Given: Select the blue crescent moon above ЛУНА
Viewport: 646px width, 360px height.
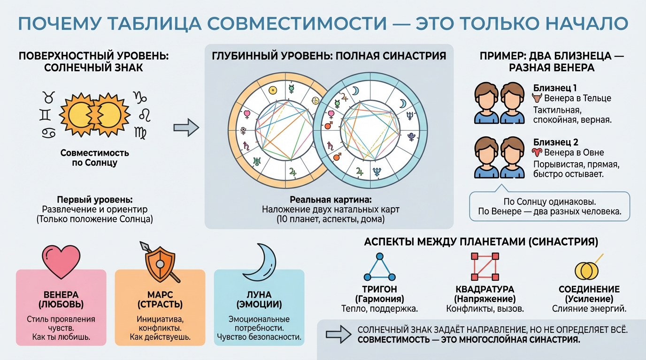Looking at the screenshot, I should (x=259, y=262).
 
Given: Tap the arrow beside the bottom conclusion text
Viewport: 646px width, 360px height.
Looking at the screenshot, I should (x=336, y=333).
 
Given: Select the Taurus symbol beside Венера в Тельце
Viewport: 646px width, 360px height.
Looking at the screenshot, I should (x=537, y=98).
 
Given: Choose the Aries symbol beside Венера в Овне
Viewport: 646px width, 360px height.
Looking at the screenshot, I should (x=537, y=152).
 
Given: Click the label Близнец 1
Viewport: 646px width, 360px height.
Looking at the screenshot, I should (x=555, y=88).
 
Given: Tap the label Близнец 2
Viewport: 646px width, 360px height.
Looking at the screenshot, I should (x=556, y=142).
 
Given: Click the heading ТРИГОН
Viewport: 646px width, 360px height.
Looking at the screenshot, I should (x=379, y=289).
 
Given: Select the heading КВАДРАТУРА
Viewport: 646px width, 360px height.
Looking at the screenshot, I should (x=484, y=289).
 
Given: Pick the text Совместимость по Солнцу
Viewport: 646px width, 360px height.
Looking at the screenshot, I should (x=95, y=158).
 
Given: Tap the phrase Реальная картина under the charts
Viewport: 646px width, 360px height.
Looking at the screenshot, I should (x=329, y=200).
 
